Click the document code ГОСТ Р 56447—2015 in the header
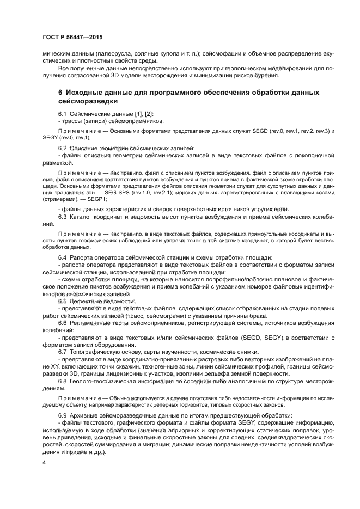pyautogui.click(x=72, y=36)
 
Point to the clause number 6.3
pyautogui.click(x=63, y=217)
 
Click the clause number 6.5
pyautogui.click(x=63, y=301)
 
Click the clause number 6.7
pyautogui.click(x=63, y=352)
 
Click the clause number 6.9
pyautogui.click(x=63, y=415)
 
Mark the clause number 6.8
pyautogui.click(x=63, y=381)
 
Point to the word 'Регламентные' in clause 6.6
pyautogui.click(x=91, y=323)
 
